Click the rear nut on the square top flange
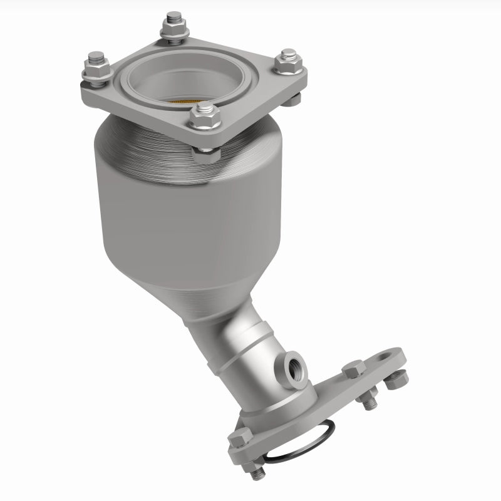click(173, 26)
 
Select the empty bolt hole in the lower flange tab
click(381, 358)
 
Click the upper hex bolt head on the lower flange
click(354, 369)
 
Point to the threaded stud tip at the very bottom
click(257, 474)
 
